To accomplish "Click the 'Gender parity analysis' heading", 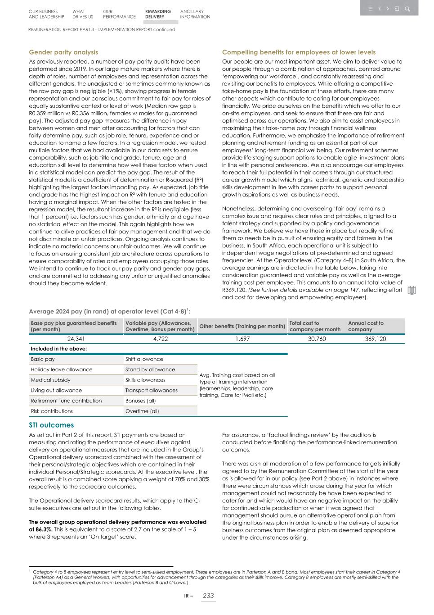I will pyautogui.click(x=63, y=52).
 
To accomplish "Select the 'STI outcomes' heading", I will pyautogui.click(x=51, y=425).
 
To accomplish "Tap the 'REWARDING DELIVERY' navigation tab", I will pyautogui.click(x=158, y=14).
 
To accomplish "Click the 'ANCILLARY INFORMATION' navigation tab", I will pyautogui.click(x=195, y=14).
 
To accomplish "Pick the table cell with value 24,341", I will pyautogui.click(x=76, y=339).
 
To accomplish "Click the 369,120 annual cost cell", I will pyautogui.click(x=375, y=339).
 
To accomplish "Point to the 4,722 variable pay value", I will pyautogui.click(x=160, y=339).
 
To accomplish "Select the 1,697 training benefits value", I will pyautogui.click(x=242, y=339).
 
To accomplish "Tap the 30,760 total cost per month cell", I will pyautogui.click(x=317, y=339).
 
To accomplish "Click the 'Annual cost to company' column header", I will pyautogui.click(x=366, y=326).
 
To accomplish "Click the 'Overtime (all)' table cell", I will pyautogui.click(x=142, y=411).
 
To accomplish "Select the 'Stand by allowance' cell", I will pyautogui.click(x=150, y=369).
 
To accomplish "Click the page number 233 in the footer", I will pyautogui.click(x=208, y=596).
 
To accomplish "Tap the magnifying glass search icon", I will pyautogui.click(x=407, y=9).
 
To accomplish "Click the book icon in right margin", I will pyautogui.click(x=412, y=291).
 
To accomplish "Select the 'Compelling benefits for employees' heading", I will pyautogui.click(x=299, y=52).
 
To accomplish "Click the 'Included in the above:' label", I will pyautogui.click(x=59, y=349).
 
